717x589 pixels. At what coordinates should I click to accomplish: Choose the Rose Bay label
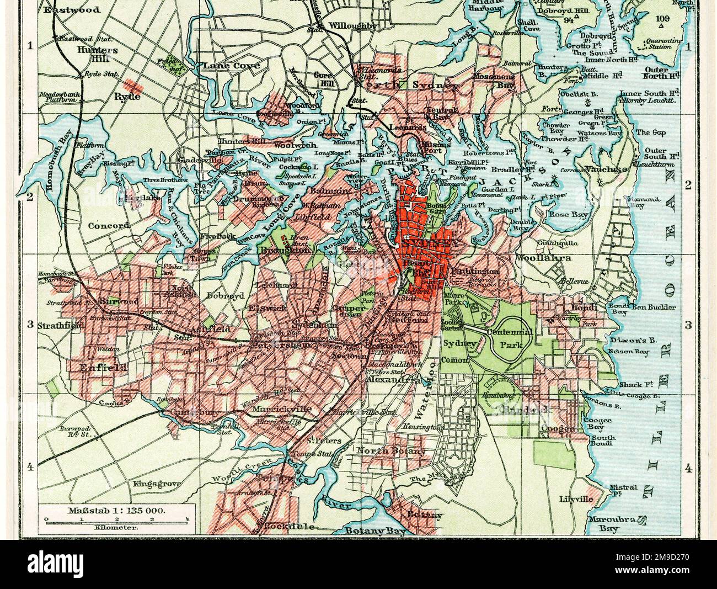pyautogui.click(x=561, y=214)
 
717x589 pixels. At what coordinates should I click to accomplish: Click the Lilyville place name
pyautogui.click(x=576, y=498)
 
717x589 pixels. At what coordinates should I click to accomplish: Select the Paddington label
pyautogui.click(x=474, y=272)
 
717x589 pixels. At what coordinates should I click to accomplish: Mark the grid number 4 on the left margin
pyautogui.click(x=30, y=468)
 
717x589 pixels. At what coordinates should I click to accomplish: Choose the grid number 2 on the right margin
pyautogui.click(x=687, y=186)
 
